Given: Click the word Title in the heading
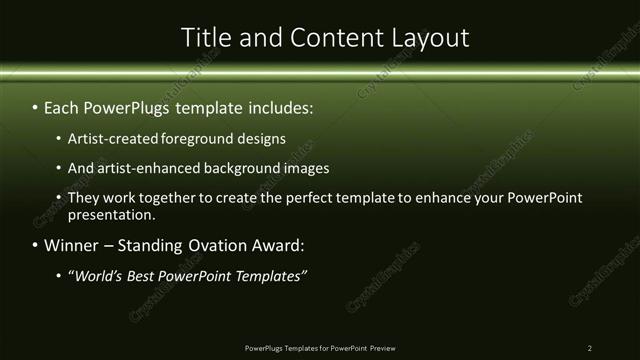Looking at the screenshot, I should (x=204, y=38).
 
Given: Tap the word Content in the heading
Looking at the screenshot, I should (x=331, y=38).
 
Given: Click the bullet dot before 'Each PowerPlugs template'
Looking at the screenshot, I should (x=36, y=105).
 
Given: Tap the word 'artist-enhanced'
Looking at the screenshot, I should (x=150, y=168).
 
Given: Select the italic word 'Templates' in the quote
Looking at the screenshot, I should (x=269, y=275).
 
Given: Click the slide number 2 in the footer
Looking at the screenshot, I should (x=590, y=348).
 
